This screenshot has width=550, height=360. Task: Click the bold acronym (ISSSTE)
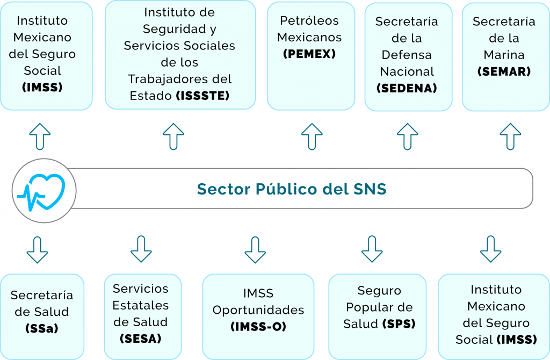pyautogui.click(x=202, y=96)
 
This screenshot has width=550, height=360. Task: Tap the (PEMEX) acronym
pyautogui.click(x=309, y=54)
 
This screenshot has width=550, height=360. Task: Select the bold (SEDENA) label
pyautogui.click(x=407, y=88)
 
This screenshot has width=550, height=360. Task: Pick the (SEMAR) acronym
pyautogui.click(x=504, y=71)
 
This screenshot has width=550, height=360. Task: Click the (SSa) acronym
pyautogui.click(x=42, y=328)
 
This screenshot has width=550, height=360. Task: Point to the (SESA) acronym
pyautogui.click(x=141, y=339)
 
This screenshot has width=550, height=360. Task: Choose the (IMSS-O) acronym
pyautogui.click(x=258, y=327)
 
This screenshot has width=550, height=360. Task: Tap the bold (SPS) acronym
pyautogui.click(x=399, y=323)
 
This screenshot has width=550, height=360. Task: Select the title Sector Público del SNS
pyautogui.click(x=292, y=189)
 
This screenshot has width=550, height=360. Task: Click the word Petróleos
pyautogui.click(x=309, y=21)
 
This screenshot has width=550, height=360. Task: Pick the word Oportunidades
pyautogui.click(x=258, y=310)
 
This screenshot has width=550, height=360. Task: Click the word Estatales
pyautogui.click(x=141, y=305)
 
